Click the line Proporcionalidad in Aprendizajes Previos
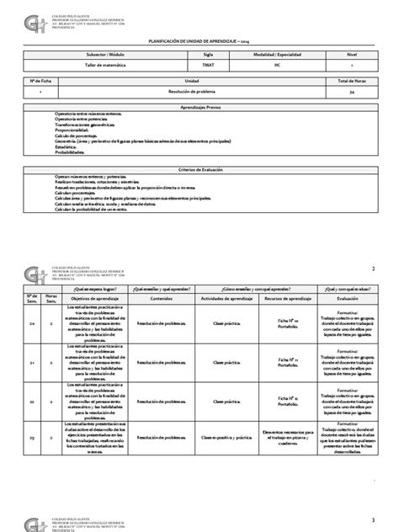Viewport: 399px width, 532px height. click(x=77, y=131)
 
